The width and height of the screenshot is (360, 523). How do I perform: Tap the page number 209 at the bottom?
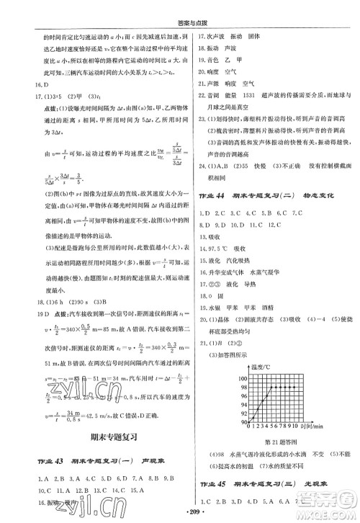pyautogui.click(x=180, y=513)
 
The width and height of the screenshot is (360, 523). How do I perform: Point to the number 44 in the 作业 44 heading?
pyautogui.click(x=220, y=196)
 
